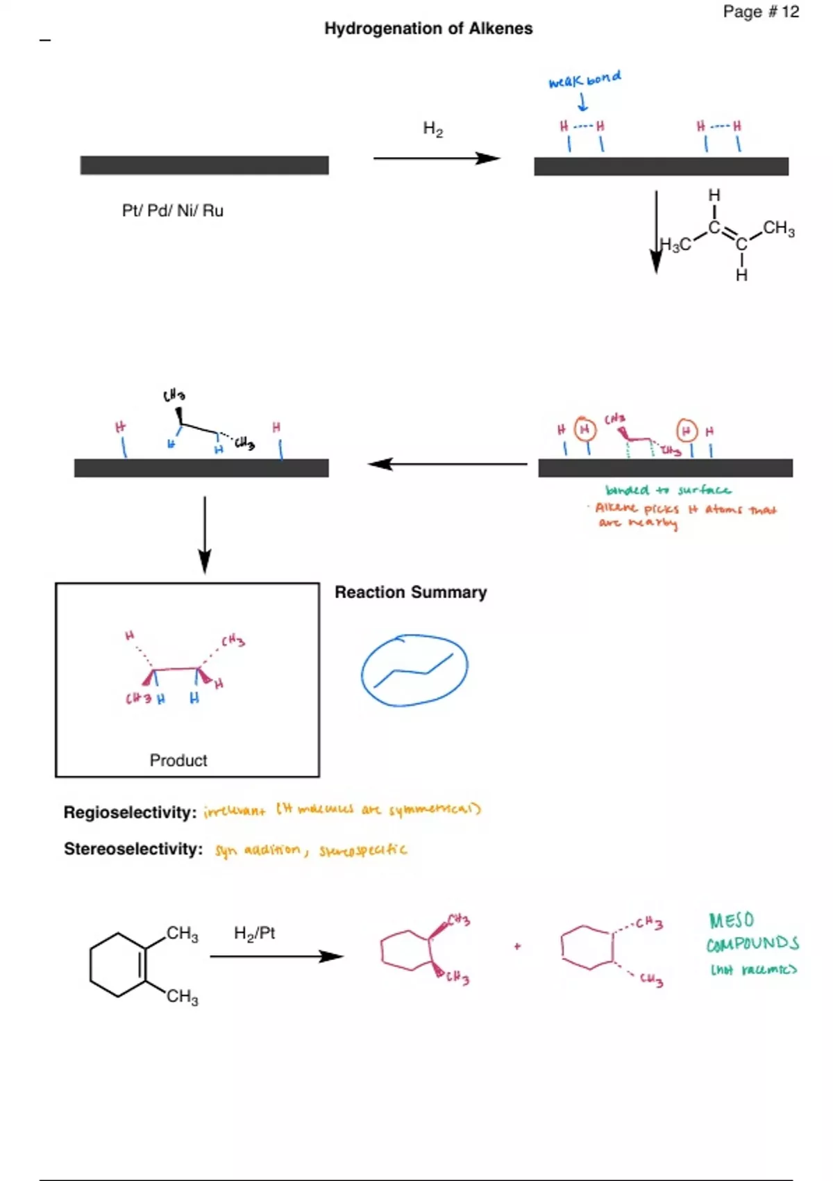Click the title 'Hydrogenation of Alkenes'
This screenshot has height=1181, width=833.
[428, 28]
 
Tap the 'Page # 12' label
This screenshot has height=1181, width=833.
[761, 12]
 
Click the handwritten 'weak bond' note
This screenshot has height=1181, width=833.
[584, 79]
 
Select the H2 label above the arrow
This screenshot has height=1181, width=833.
[432, 129]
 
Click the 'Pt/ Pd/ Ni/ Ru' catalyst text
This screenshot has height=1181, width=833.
[173, 210]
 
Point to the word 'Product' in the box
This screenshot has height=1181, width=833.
[178, 760]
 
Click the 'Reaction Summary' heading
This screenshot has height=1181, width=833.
[410, 592]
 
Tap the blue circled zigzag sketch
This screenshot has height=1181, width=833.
[414, 670]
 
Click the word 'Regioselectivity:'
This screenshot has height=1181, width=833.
[130, 812]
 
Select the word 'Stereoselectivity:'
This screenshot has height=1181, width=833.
[133, 849]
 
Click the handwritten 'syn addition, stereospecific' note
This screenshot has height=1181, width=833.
[310, 850]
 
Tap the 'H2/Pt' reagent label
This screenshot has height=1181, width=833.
[254, 933]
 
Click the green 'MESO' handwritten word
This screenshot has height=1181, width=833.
[731, 920]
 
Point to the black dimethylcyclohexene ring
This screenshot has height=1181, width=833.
[119, 965]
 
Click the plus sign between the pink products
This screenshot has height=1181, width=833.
[517, 946]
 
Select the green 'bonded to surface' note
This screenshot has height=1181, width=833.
[667, 490]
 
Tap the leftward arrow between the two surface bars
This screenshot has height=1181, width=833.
[448, 464]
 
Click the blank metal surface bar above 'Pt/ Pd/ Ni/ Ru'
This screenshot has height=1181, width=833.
[204, 165]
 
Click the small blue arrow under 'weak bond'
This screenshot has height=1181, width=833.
[583, 103]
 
